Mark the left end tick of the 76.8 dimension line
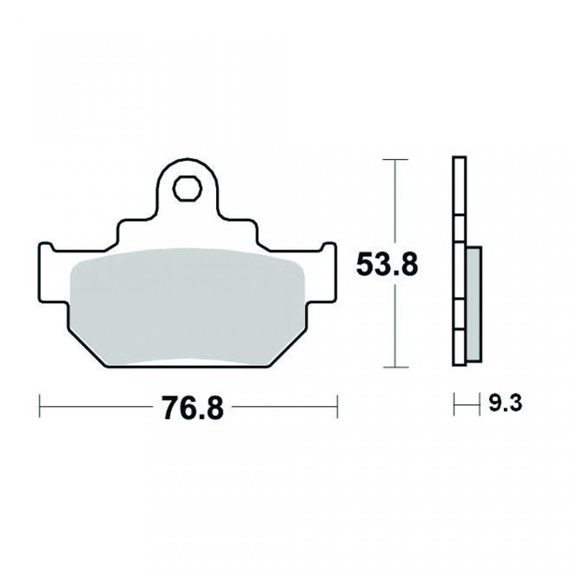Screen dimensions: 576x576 [x=40, y=406]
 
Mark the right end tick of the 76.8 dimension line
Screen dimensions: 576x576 [x=337, y=406]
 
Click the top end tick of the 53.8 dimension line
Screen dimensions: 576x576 [x=394, y=160]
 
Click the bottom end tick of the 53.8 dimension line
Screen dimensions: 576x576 [x=394, y=367]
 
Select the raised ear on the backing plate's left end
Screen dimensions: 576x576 [x=45, y=248]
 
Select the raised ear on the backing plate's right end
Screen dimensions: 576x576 [x=329, y=248]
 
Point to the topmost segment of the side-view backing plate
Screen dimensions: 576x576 [x=459, y=186]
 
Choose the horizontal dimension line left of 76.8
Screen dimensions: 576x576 [x=96, y=406]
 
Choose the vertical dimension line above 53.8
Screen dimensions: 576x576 [x=394, y=204]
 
